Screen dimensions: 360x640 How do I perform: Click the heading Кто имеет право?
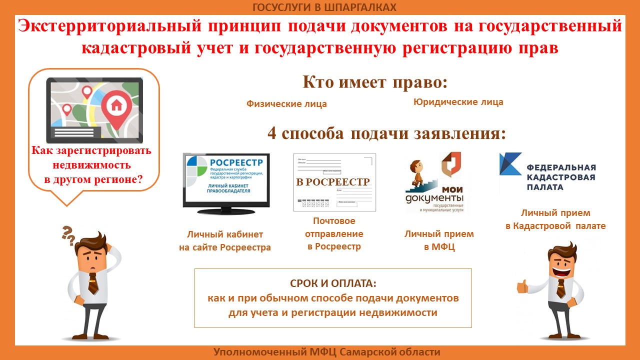pyautogui.click(x=374, y=82)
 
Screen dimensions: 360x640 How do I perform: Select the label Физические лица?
pyautogui.click(x=286, y=104)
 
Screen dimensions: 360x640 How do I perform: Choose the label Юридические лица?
pyautogui.click(x=458, y=102)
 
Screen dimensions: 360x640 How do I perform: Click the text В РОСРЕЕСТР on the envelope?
pyautogui.click(x=332, y=182)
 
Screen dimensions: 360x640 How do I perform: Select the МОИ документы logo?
pyautogui.click(x=434, y=184)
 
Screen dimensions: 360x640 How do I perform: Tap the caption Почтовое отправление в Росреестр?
pyautogui.click(x=334, y=233)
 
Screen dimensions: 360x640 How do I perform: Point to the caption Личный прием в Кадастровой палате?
pyautogui.click(x=555, y=219)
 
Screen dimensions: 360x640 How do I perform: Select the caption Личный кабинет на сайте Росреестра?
pyautogui.click(x=224, y=240)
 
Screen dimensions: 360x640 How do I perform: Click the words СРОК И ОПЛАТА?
pyautogui.click(x=332, y=283)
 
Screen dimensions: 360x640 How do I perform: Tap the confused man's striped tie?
pyautogui.click(x=93, y=283)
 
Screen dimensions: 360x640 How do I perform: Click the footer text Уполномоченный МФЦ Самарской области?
pyautogui.click(x=327, y=352)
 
